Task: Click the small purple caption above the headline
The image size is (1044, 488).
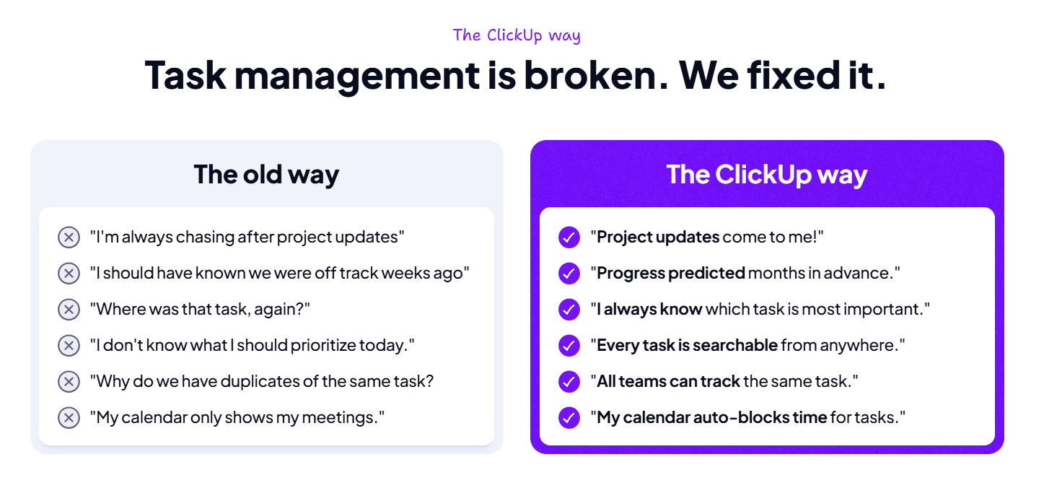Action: coord(517,35)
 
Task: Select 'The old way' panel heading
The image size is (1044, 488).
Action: coord(266,174)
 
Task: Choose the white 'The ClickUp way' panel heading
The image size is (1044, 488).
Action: coord(766,174)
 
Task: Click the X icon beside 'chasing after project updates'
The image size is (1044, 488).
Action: coord(69,237)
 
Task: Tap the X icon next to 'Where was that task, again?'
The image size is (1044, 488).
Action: coord(69,309)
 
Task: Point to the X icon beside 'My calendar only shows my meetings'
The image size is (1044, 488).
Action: coord(69,417)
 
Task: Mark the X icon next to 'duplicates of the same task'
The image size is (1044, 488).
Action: coord(69,381)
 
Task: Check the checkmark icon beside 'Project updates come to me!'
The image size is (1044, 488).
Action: coord(569,237)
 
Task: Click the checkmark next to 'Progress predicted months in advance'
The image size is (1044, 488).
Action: coord(569,273)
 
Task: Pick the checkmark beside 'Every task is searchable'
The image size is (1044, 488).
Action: coord(569,345)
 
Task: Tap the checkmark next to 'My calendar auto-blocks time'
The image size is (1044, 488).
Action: coord(569,417)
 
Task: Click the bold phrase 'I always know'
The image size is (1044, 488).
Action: coord(649,310)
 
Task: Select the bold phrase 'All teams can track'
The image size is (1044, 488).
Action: coord(668,381)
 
